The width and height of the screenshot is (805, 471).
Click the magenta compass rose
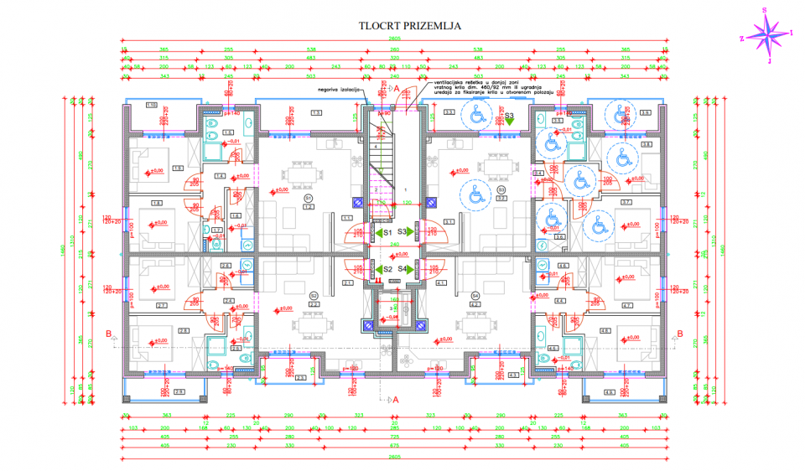[766, 34]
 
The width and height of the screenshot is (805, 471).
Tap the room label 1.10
[152, 105]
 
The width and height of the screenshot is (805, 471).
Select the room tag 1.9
[178, 168]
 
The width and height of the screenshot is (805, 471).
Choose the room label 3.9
[646, 112]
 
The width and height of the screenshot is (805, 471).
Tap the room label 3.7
[626, 203]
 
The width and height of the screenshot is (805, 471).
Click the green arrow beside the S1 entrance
[377, 232]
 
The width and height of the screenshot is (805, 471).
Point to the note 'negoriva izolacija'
[339, 88]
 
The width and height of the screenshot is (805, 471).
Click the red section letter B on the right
[680, 334]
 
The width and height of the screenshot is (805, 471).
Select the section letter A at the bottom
[396, 401]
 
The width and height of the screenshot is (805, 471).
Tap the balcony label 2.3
[301, 378]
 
